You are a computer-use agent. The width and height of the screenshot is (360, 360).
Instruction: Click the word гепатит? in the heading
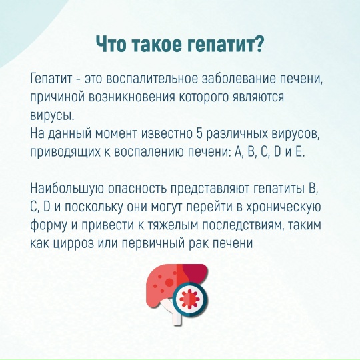(225, 44)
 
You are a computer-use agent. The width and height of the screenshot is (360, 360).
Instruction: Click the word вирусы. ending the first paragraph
(53, 116)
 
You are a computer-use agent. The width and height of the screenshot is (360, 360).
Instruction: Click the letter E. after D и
(301, 152)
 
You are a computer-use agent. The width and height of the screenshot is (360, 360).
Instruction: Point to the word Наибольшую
(67, 189)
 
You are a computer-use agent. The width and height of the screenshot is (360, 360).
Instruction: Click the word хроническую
(283, 208)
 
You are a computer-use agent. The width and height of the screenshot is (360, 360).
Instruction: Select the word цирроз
(73, 244)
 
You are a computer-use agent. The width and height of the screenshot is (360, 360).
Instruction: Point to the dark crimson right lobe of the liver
(195, 273)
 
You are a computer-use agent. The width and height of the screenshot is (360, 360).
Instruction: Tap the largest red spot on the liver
(169, 283)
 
